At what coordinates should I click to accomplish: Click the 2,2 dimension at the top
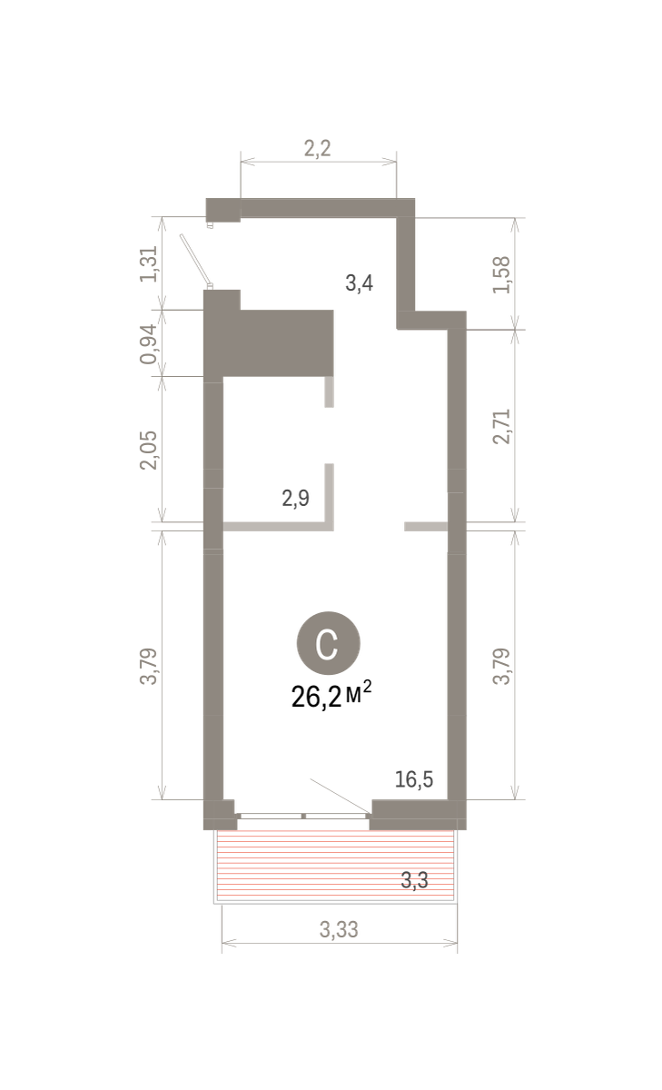318,148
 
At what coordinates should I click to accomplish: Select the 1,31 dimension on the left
149,263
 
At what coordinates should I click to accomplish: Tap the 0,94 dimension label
149,343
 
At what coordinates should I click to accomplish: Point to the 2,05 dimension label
149,451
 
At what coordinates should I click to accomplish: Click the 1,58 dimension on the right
501,275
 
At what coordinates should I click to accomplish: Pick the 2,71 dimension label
501,426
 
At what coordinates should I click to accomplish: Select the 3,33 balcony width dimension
339,929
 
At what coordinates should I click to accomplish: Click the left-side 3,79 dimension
149,666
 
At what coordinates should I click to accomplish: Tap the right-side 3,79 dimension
501,666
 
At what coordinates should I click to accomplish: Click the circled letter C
329,643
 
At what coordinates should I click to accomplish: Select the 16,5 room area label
414,779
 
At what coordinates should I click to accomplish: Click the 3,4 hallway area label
360,282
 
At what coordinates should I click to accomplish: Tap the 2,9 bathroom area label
296,499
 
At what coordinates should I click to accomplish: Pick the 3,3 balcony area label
414,880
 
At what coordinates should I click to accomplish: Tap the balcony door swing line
341,796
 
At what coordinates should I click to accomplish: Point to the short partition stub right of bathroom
426,526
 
